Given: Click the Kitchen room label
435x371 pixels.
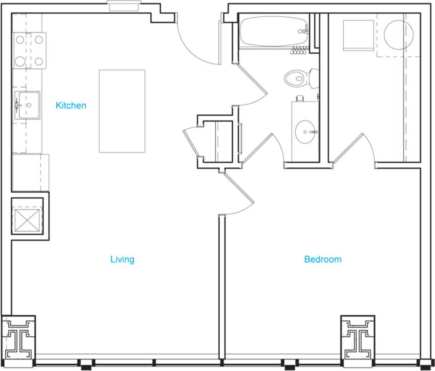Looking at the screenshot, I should (71, 105).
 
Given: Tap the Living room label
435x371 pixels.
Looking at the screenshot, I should (122, 259).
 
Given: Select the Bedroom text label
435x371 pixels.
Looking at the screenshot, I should (323, 259).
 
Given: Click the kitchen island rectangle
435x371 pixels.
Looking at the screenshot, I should (122, 111).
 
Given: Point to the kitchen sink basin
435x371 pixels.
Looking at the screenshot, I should (29, 105).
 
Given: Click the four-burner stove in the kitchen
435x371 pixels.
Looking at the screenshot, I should (29, 51).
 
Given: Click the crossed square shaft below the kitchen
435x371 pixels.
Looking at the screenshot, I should (27, 218).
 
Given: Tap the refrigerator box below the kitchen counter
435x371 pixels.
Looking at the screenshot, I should (29, 172).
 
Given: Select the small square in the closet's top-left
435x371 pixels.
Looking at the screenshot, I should (358, 35).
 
